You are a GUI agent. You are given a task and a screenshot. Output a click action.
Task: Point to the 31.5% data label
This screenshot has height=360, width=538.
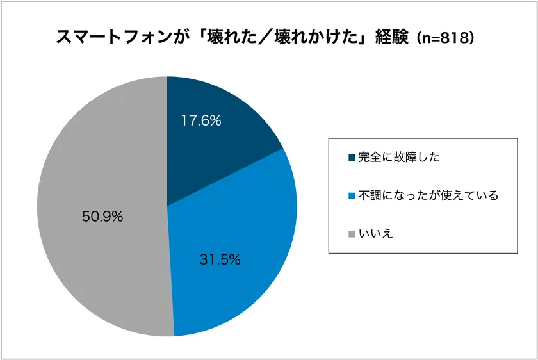click(x=219, y=259)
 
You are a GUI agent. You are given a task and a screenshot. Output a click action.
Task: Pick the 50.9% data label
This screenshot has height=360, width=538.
click(x=102, y=217)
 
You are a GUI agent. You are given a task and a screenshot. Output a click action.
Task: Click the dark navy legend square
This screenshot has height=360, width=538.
click(x=352, y=158)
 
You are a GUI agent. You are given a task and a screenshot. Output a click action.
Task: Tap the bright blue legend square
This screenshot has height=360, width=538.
click(x=352, y=196)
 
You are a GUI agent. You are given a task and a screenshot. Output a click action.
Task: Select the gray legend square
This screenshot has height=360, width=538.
click(x=352, y=234)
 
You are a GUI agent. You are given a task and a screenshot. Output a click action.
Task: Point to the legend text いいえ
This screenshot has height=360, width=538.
click(x=375, y=234)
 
